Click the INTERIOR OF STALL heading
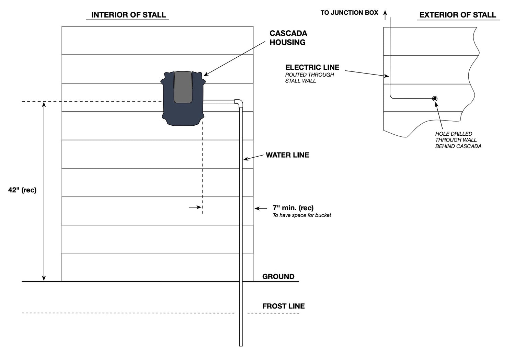coord(128,15)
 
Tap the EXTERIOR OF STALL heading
coord(458,15)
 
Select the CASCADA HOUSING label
coord(288,38)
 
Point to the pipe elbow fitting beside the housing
coord(239,102)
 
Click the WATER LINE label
coord(287,155)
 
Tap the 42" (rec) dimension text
coord(22,190)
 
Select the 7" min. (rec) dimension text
coord(293,208)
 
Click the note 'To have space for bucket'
coord(302,215)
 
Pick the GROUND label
coord(278,277)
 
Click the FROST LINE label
coord(283,306)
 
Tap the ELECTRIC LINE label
coord(312,67)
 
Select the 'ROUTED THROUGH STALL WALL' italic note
coord(309,78)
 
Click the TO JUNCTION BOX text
coord(349,13)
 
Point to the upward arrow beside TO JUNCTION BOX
coord(385,14)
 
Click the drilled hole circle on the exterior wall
coord(435,99)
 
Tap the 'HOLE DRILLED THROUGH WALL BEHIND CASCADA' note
coord(458,140)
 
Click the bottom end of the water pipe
coord(241,345)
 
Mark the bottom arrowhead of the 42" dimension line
coord(44,279)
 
